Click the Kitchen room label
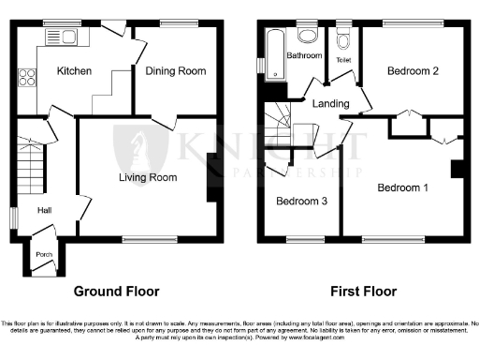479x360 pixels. coord(73,71)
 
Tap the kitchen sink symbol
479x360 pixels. coord(67,37)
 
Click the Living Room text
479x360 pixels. coord(148,176)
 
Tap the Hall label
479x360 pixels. coord(43,210)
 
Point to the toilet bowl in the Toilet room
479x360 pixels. coord(342,39)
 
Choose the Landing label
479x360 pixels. coord(330,104)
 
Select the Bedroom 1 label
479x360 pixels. coord(402,187)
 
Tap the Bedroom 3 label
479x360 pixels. coord(300,200)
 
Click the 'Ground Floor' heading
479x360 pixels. coord(119,292)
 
